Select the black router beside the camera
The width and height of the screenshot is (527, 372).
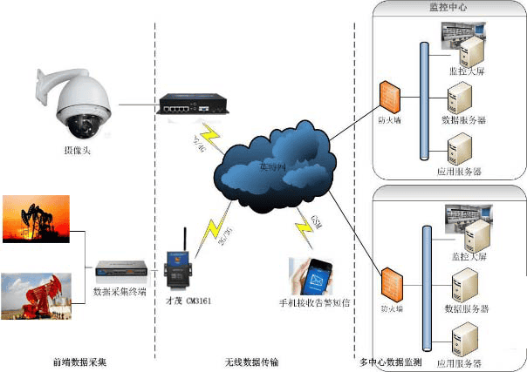[x=195, y=104]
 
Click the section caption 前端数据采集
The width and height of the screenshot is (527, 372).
[x=80, y=361]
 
